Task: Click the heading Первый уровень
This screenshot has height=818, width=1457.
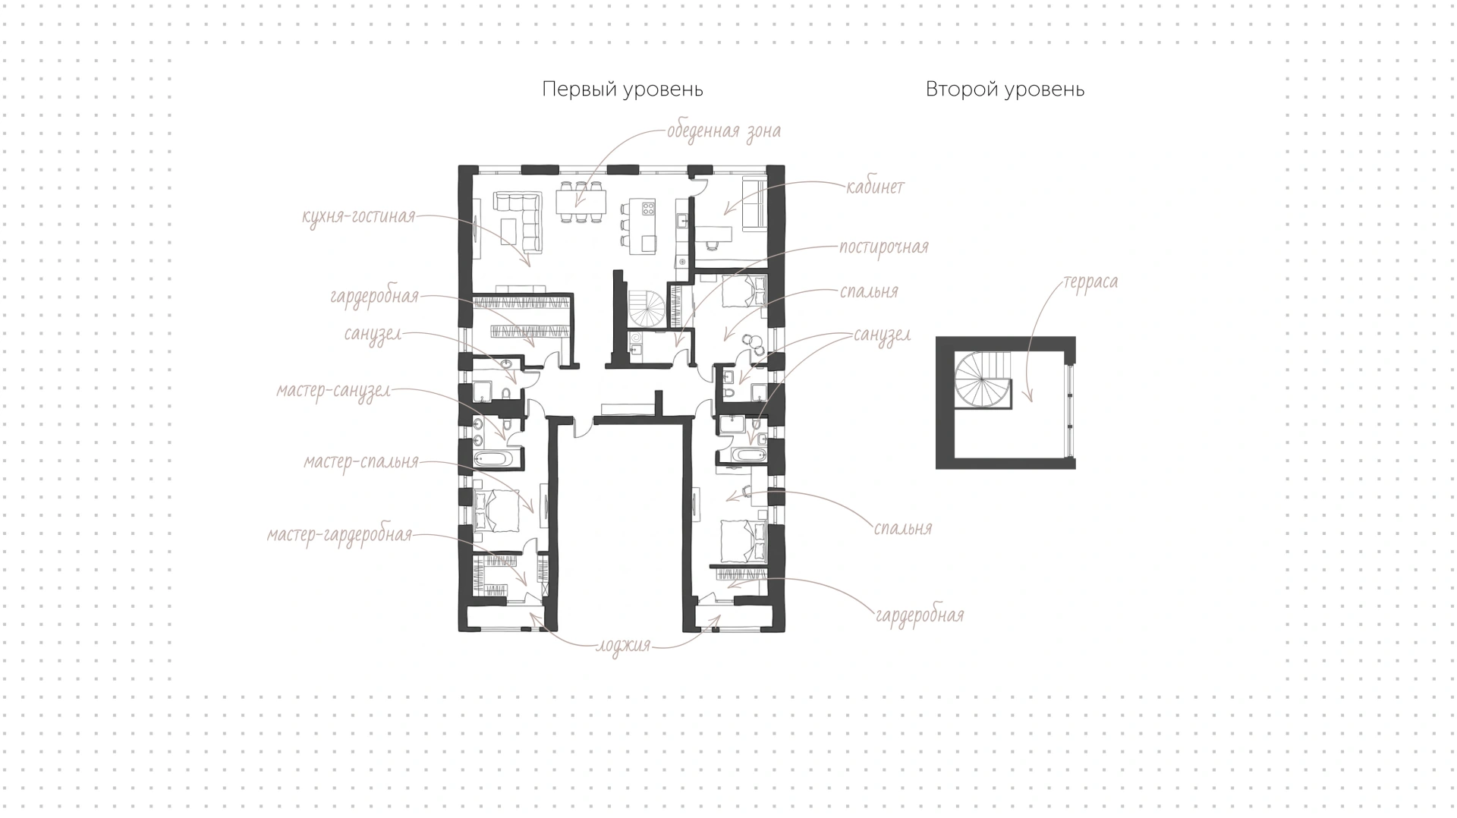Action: pos(622,90)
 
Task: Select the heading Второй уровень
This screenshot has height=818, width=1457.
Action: pos(1005,90)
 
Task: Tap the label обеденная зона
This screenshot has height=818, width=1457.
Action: pos(724,131)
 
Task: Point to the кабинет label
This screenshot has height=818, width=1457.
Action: pos(876,187)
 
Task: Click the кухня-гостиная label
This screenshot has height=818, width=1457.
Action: pos(359,216)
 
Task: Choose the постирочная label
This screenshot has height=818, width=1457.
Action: pos(884,247)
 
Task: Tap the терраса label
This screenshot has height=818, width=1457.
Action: pos(1090,282)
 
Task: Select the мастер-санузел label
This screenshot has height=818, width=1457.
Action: pos(334,392)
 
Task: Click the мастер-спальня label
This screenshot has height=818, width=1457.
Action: pos(361,462)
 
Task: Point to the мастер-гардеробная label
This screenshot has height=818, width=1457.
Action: pos(339,535)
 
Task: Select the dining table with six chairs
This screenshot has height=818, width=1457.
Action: pos(581,201)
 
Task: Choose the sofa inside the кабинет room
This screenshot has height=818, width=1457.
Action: pos(755,203)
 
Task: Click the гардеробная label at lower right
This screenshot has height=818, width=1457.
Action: pos(920,615)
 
